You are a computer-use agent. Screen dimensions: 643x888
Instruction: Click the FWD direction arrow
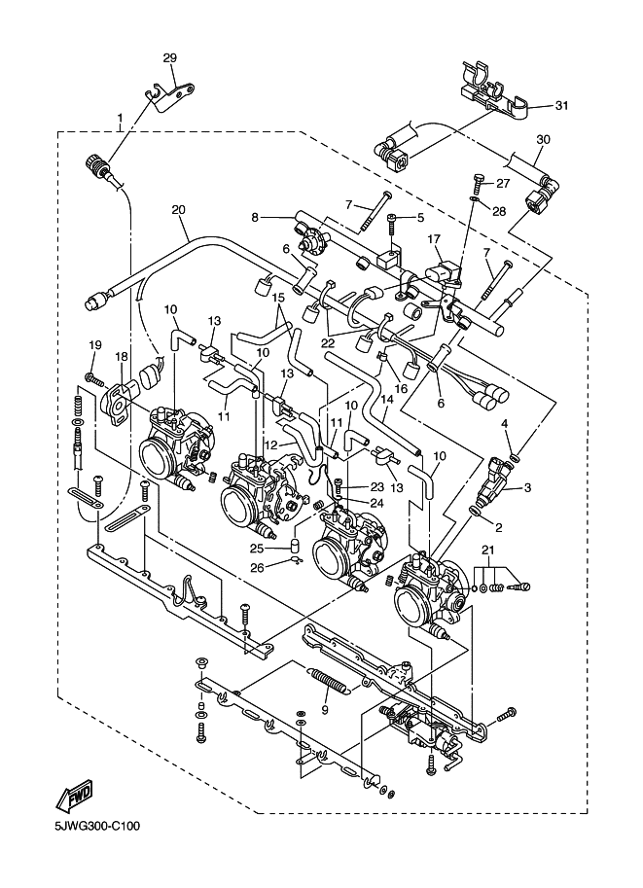[73, 796]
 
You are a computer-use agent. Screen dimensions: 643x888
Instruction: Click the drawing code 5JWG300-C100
[90, 827]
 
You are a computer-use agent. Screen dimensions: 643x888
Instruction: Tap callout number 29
[170, 57]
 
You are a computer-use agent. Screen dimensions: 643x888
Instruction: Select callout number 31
[561, 105]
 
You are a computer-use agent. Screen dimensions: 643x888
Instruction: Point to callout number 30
[543, 139]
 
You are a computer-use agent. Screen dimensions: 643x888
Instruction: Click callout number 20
[178, 210]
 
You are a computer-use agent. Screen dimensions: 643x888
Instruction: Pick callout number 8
[255, 216]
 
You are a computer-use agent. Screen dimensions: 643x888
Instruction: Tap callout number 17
[435, 239]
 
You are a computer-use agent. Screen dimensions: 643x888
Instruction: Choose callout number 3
[527, 487]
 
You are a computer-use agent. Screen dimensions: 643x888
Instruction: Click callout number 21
[487, 550]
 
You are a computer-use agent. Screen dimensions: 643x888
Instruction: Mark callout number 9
[324, 708]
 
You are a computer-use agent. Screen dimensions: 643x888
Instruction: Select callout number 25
[258, 549]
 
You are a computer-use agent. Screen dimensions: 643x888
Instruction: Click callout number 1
[120, 118]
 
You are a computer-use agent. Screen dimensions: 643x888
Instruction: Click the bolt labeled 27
[477, 184]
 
